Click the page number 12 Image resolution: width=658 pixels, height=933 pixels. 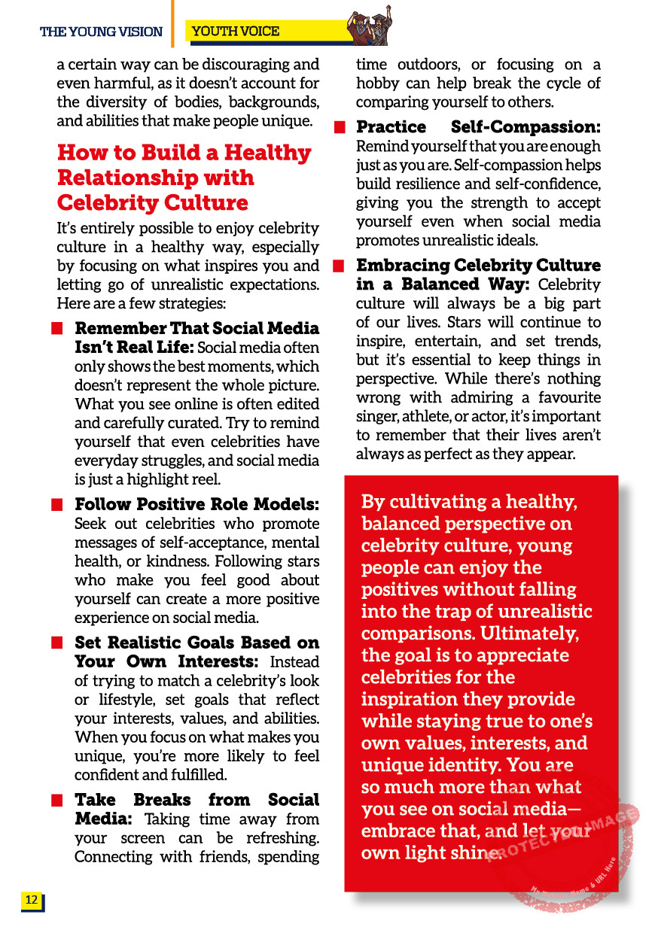(x=32, y=900)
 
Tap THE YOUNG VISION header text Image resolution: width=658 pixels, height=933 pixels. (x=101, y=32)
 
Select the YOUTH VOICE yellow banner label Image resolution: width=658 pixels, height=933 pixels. (x=236, y=31)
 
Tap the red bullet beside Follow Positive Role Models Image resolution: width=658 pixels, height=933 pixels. (x=56, y=505)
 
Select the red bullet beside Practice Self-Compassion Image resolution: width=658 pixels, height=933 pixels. (x=339, y=127)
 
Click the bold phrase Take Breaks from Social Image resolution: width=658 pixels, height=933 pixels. (x=196, y=800)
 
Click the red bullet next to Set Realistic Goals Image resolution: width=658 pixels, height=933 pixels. (x=56, y=643)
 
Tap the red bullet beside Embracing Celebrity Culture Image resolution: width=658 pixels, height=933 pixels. (x=339, y=266)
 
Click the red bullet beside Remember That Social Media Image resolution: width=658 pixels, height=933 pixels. (x=56, y=329)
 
